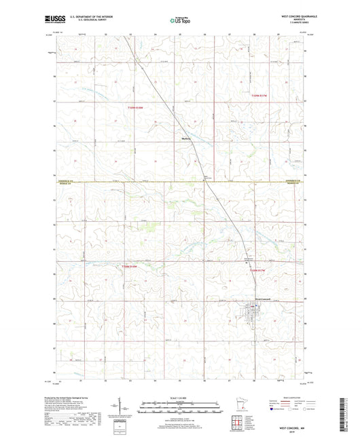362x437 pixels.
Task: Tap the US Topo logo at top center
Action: [181, 20]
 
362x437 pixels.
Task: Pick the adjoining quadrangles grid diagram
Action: [238, 423]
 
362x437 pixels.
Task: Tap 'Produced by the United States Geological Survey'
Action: [75, 398]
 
